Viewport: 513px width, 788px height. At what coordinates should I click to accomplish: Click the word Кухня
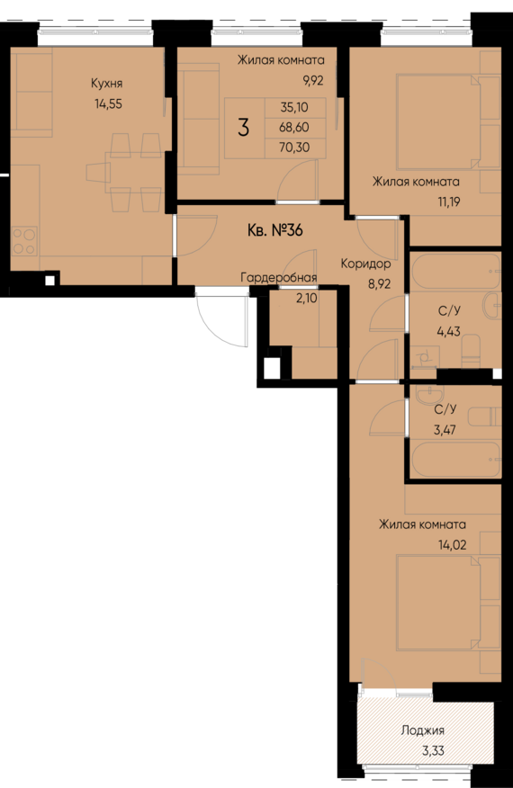106,84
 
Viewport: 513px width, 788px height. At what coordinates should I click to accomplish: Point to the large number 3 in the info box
243,127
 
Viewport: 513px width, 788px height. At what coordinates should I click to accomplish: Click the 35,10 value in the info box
293,106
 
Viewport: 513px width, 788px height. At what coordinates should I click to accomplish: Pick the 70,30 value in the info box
293,148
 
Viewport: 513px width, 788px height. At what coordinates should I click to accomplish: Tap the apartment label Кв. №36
274,230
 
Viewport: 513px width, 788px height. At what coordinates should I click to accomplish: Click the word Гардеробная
278,278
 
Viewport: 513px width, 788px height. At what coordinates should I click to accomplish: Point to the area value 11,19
445,201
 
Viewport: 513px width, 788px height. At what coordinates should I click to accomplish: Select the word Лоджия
422,731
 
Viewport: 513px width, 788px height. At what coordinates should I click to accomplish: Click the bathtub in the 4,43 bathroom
454,269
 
